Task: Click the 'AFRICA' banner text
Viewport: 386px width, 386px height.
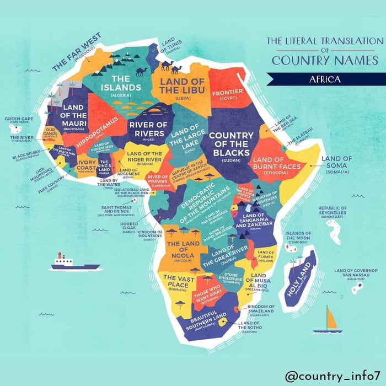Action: click(324, 79)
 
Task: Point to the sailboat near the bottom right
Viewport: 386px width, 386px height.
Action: click(328, 321)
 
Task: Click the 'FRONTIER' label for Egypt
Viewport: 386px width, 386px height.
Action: click(228, 93)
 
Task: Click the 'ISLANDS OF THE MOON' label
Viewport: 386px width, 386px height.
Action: click(298, 236)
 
